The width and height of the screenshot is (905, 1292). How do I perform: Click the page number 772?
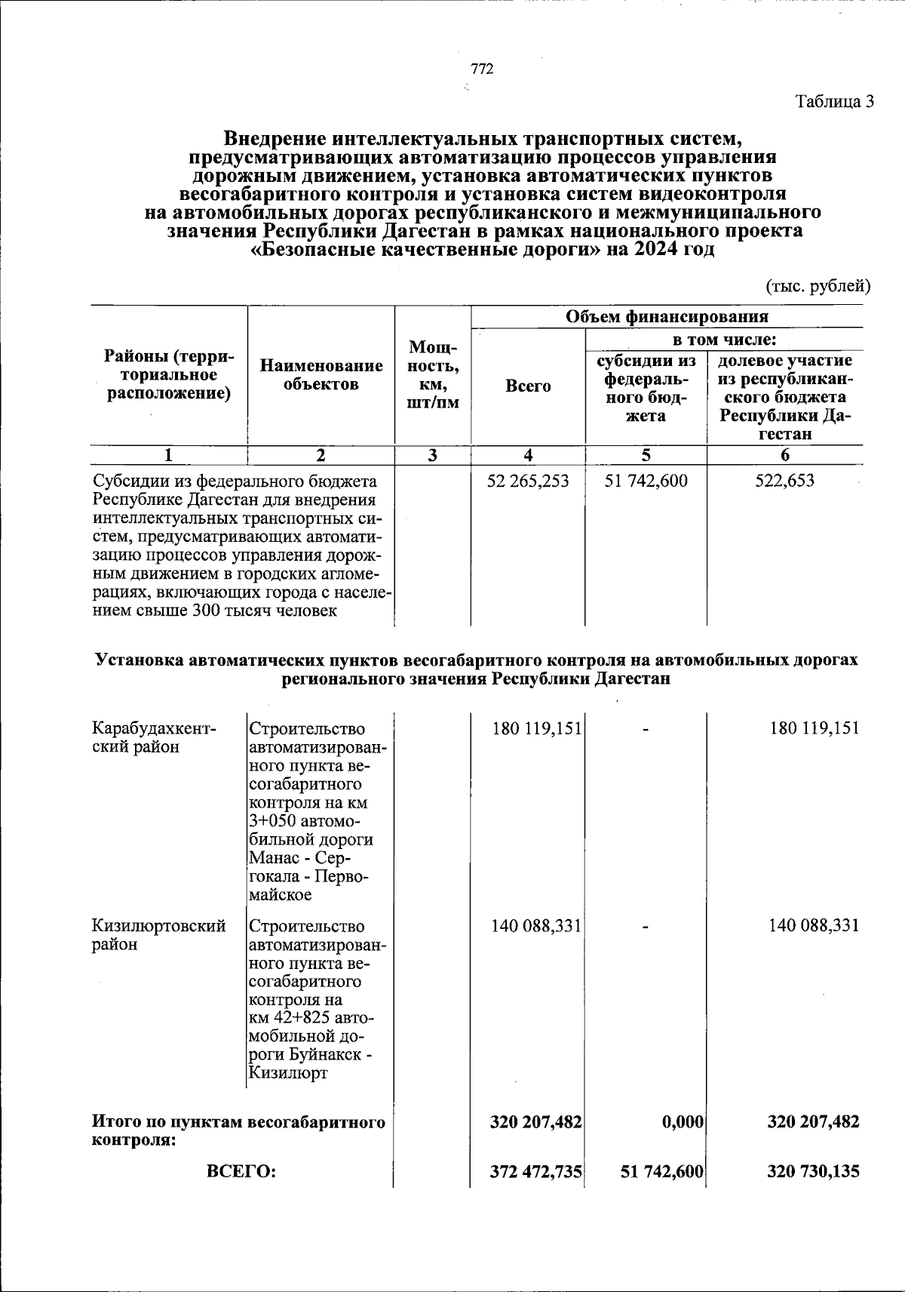click(x=482, y=69)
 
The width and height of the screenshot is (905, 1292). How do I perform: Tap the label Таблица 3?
click(x=834, y=101)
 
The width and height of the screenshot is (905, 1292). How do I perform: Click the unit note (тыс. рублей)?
click(x=818, y=286)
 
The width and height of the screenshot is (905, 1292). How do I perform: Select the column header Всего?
click(x=528, y=386)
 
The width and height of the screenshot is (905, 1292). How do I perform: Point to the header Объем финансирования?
click(x=667, y=316)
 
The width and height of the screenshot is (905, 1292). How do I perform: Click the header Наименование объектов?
click(x=321, y=375)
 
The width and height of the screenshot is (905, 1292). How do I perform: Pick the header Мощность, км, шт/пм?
click(x=433, y=375)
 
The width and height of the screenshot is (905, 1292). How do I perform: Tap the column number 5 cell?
click(x=646, y=455)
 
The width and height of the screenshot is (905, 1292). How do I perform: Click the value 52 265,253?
click(x=528, y=481)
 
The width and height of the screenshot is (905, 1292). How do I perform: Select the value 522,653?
click(x=784, y=481)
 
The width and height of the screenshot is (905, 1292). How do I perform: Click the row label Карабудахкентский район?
click(x=154, y=738)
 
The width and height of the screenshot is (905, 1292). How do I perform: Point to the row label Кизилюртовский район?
click(x=158, y=935)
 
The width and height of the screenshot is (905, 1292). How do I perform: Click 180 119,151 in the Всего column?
click(x=536, y=729)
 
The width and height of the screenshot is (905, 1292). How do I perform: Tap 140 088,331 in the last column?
click(x=814, y=926)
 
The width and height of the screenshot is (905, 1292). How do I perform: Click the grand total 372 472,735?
click(x=536, y=1171)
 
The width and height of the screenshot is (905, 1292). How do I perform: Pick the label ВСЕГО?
click(x=241, y=1171)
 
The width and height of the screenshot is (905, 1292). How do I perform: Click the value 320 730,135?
click(x=814, y=1171)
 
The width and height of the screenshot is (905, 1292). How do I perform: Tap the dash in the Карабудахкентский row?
click(x=646, y=729)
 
